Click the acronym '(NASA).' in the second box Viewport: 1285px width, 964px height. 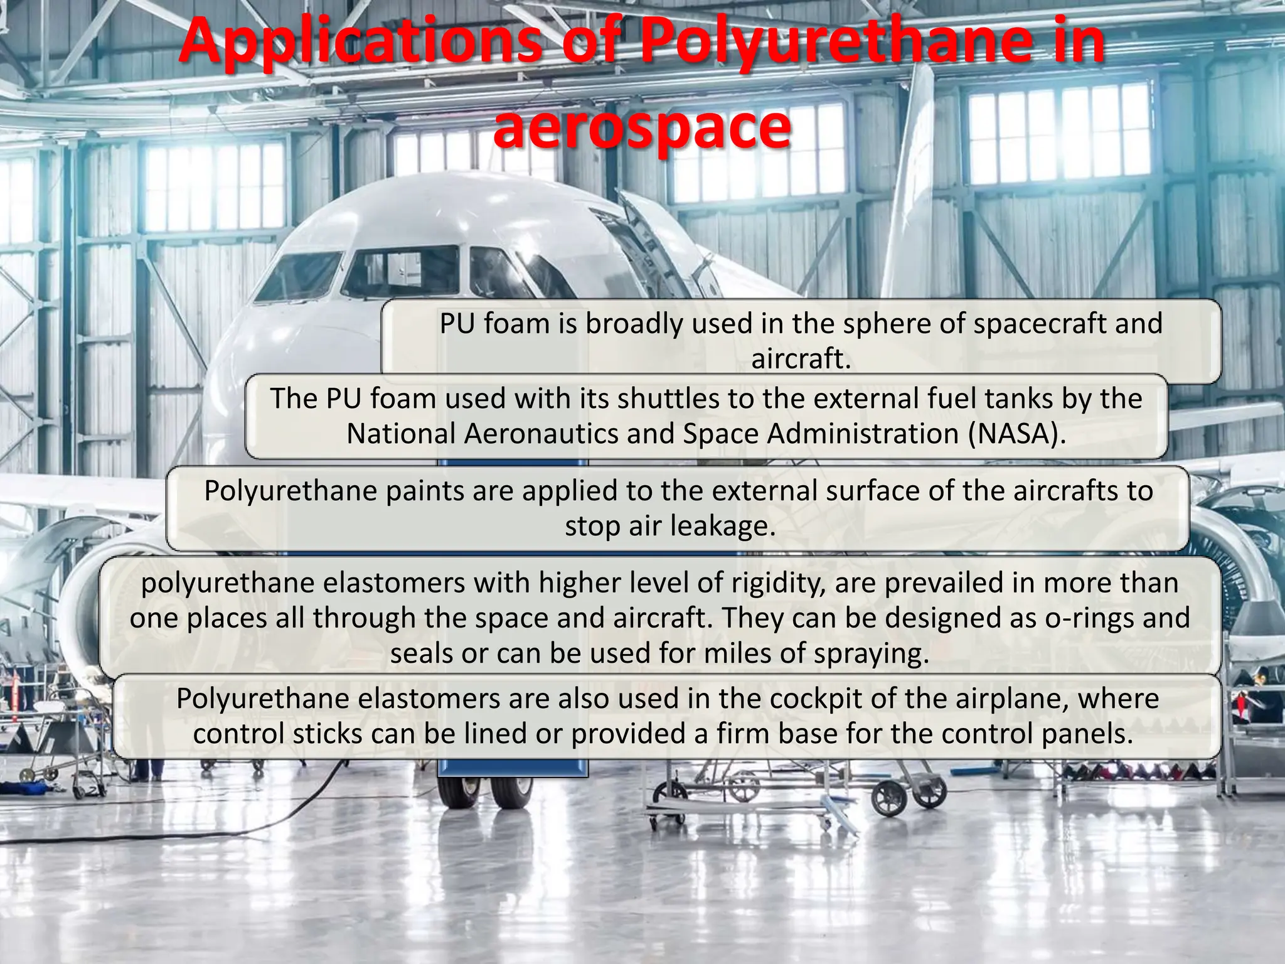[x=1016, y=434]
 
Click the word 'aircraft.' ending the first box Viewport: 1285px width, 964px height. [x=801, y=359]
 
